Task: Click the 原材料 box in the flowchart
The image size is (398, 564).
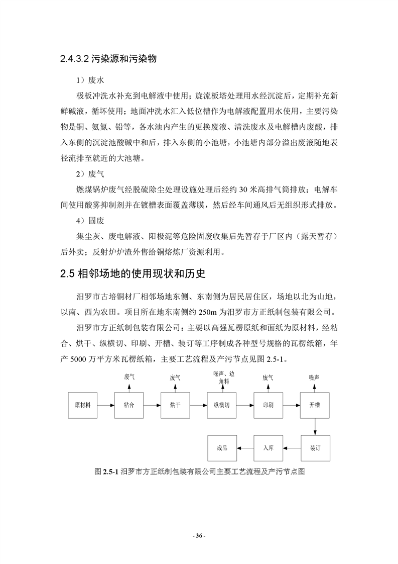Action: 83,405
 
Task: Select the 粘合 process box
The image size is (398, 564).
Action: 129,405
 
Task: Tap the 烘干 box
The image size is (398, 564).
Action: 176,405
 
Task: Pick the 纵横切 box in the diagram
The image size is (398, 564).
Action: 222,405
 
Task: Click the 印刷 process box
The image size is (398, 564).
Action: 269,405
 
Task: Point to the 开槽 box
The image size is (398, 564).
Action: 315,405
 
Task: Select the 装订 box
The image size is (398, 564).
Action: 315,447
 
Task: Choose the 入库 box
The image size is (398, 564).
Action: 269,447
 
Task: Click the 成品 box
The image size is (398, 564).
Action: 222,447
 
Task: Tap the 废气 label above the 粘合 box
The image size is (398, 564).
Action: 129,377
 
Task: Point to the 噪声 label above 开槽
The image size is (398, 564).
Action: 315,377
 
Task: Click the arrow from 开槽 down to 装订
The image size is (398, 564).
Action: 315,426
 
